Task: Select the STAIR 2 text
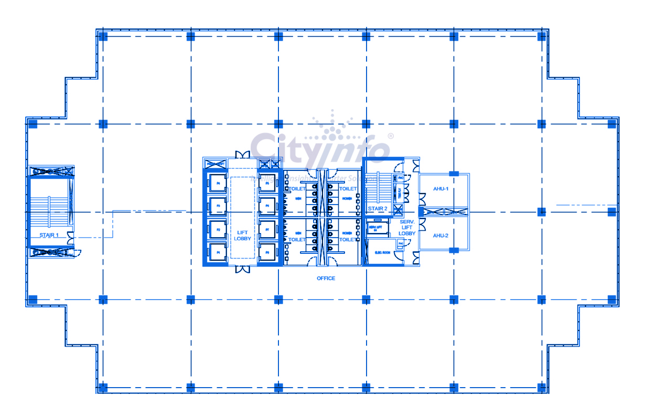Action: [x=377, y=209]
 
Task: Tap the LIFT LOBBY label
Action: [x=242, y=235]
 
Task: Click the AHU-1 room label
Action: [x=440, y=189]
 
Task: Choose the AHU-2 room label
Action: [x=440, y=236]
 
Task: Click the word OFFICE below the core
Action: [x=326, y=278]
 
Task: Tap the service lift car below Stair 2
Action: [x=375, y=228]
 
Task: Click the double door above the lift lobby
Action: [x=243, y=155]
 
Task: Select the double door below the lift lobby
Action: [x=243, y=269]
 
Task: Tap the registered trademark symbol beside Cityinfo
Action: [x=390, y=136]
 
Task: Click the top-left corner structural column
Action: [x=103, y=36]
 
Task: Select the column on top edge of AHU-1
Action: [x=454, y=174]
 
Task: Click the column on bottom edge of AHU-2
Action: [x=454, y=250]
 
